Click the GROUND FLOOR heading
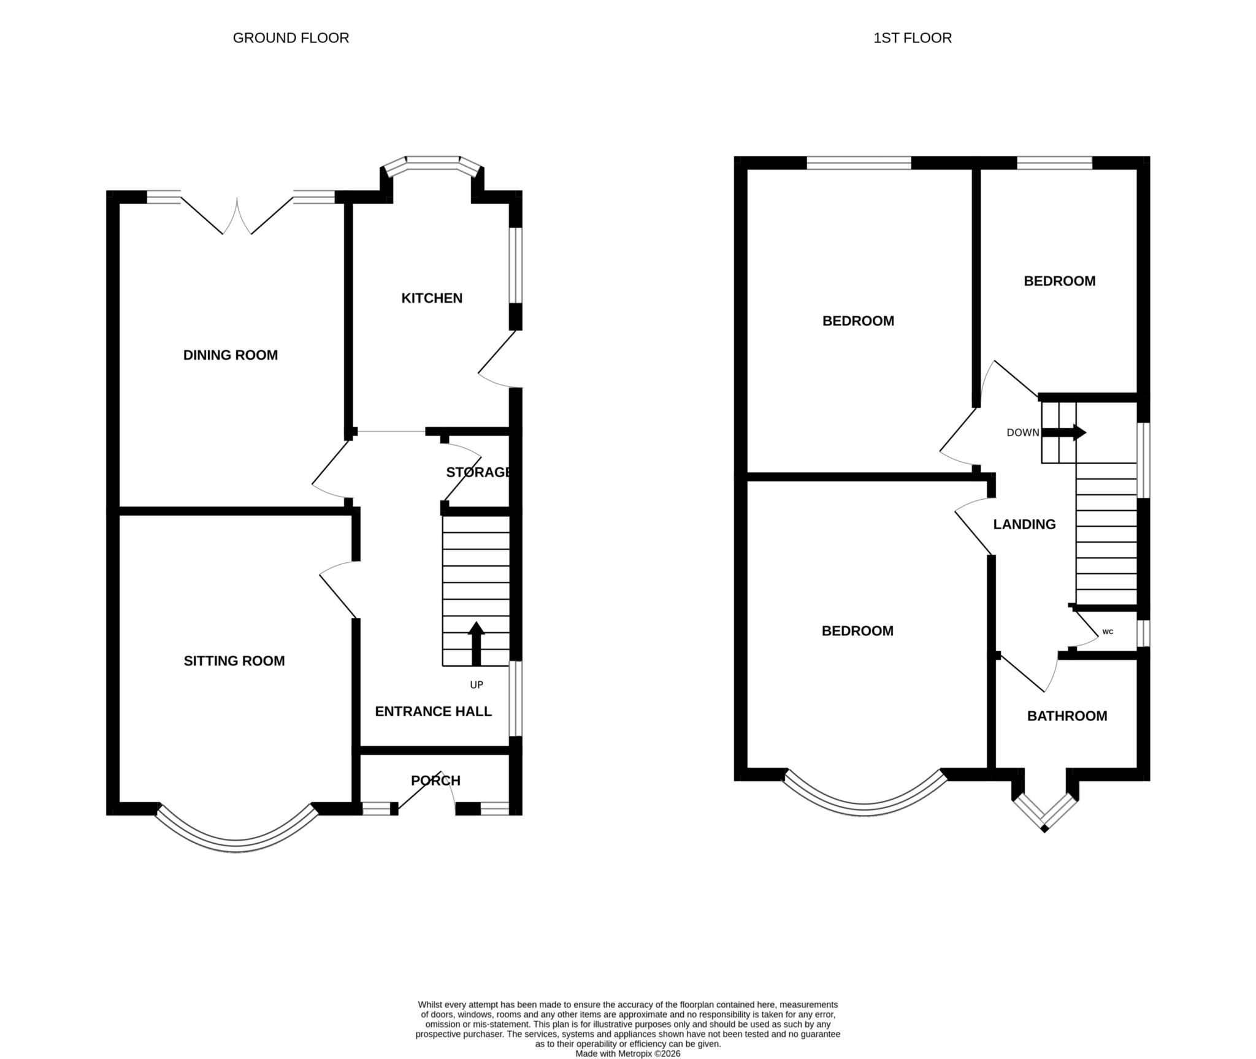point(291,38)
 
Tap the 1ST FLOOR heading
point(912,38)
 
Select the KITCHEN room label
point(432,298)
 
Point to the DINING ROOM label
point(231,355)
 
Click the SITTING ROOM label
point(234,660)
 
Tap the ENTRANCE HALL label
point(433,711)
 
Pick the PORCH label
point(435,781)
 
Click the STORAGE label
point(478,472)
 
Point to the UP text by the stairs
point(477,685)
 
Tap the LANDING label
point(1024,524)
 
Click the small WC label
point(1108,632)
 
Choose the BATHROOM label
point(1067,716)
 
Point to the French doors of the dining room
point(237,215)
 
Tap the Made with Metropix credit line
point(627,1053)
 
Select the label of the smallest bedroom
point(1059,281)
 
